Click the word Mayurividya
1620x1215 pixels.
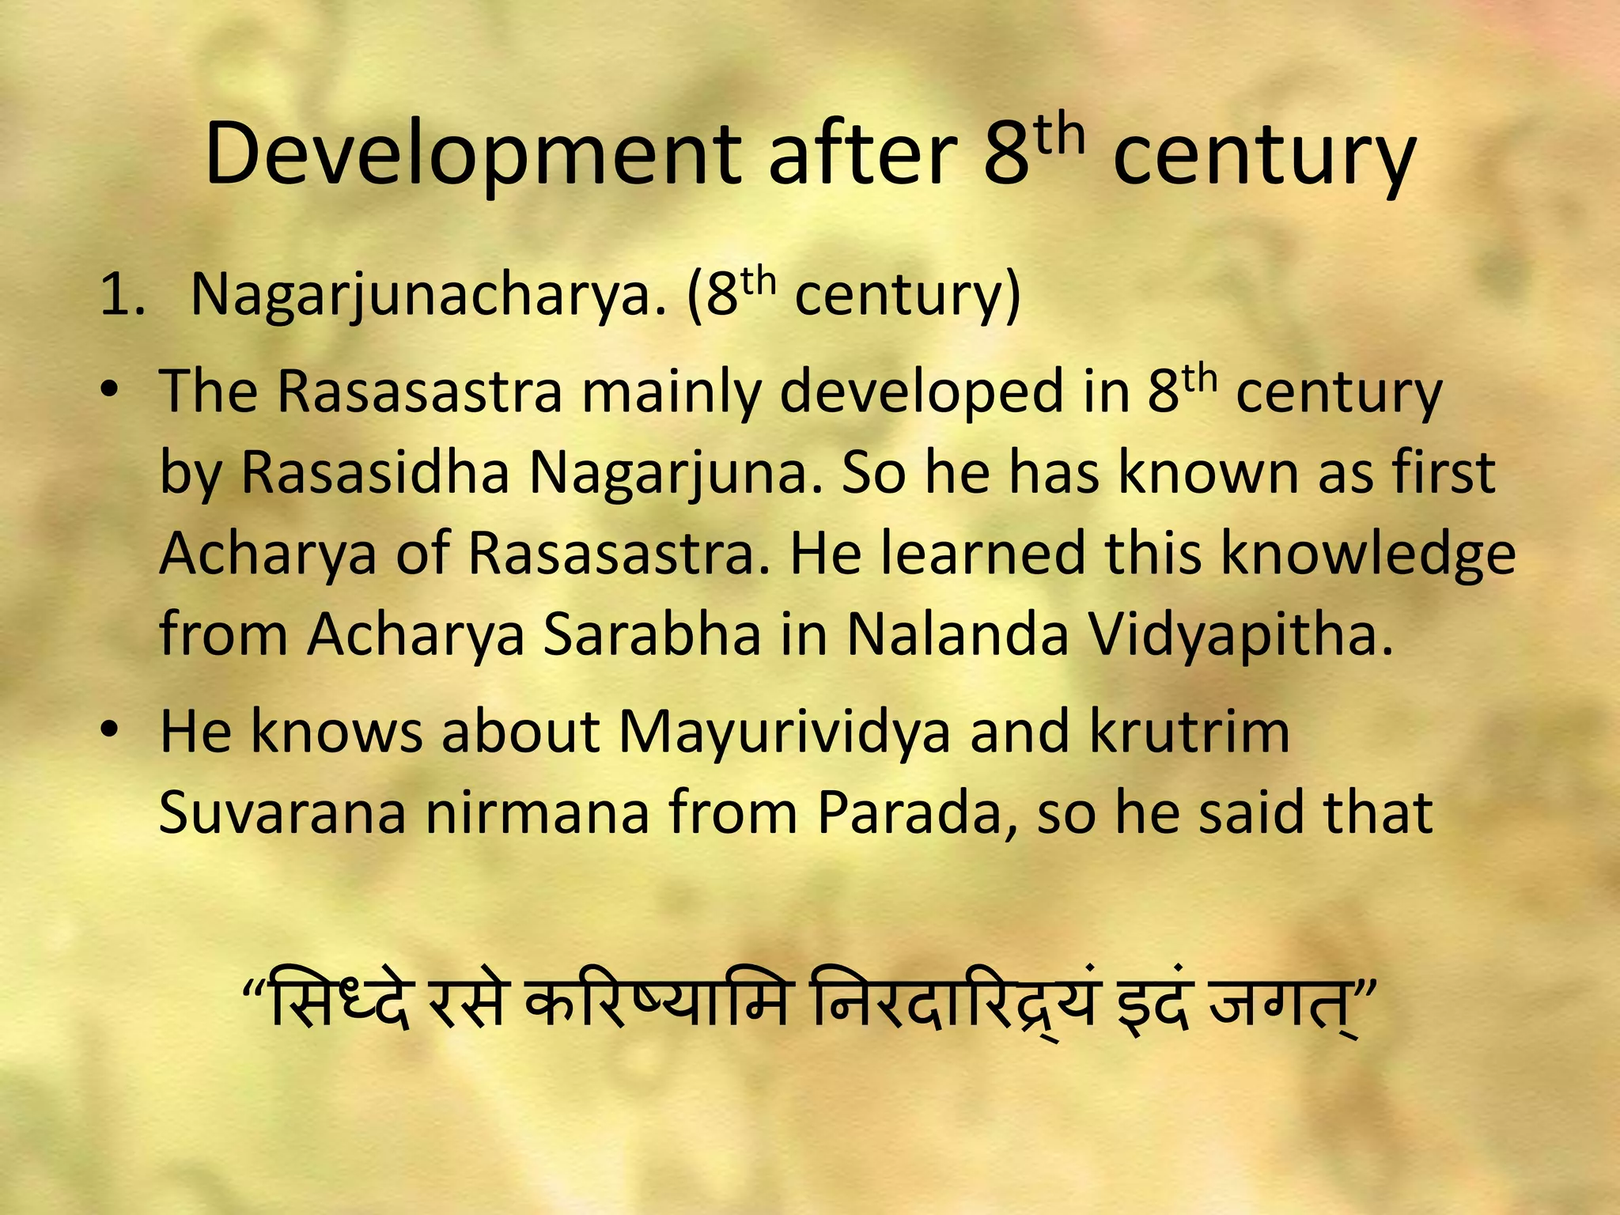tap(784, 731)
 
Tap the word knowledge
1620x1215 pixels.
tap(1368, 554)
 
